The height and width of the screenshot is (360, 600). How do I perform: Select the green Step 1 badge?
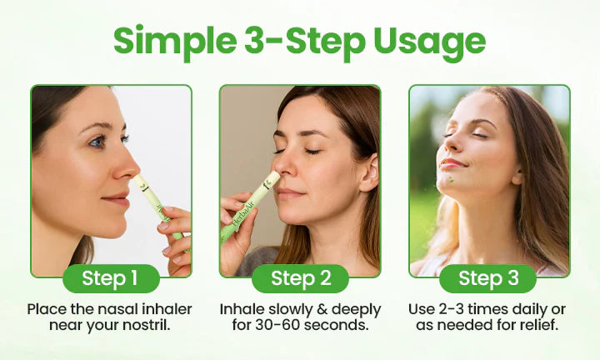click(x=111, y=278)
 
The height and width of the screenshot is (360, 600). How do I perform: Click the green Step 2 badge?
click(x=299, y=278)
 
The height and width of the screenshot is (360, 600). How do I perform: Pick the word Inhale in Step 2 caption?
click(x=242, y=309)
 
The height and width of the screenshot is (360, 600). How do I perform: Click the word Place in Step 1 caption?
click(x=47, y=309)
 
